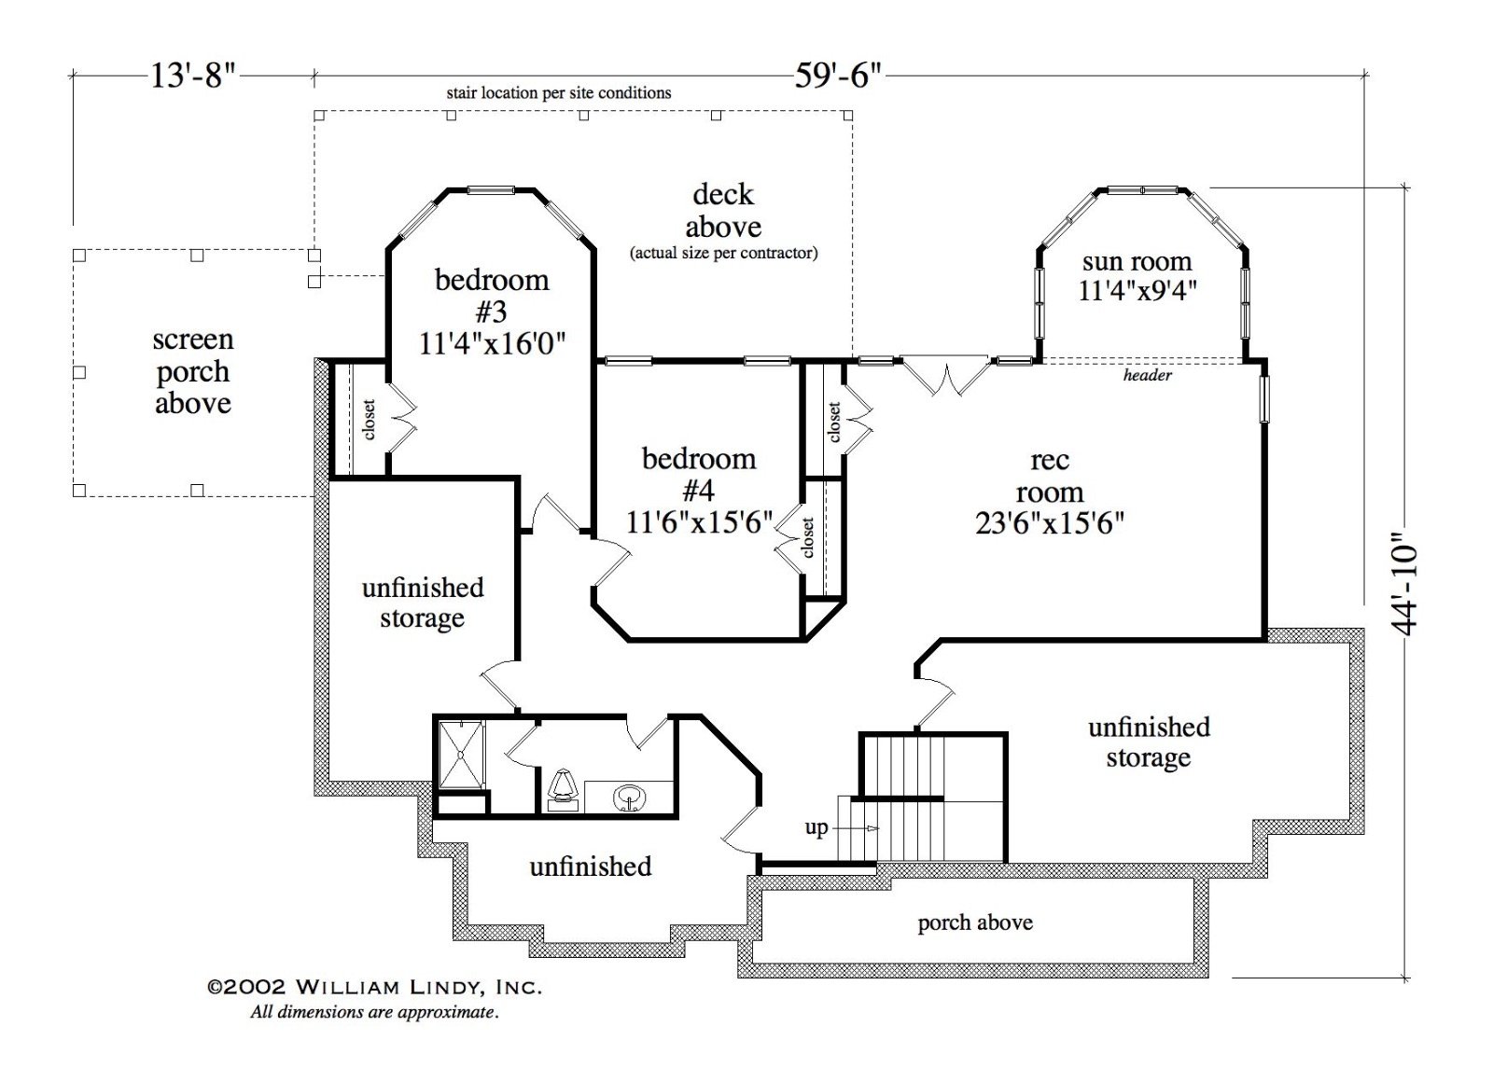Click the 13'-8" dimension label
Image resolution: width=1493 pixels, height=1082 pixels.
[193, 76]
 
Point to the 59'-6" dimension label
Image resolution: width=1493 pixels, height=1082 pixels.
[838, 76]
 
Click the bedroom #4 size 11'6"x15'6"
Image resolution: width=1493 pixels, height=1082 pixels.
[699, 522]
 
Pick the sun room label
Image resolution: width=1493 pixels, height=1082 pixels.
[1137, 261]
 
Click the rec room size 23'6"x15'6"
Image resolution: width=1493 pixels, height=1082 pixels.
[1050, 523]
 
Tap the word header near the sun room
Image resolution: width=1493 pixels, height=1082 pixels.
[1147, 375]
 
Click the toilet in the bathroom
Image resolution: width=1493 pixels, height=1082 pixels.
[561, 790]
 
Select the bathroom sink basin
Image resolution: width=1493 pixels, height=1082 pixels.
[629, 797]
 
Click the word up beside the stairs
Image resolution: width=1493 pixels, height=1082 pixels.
[816, 828]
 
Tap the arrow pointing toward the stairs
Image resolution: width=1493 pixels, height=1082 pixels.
[856, 828]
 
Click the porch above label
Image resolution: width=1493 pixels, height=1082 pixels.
[975, 922]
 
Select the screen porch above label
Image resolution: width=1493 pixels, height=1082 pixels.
[193, 371]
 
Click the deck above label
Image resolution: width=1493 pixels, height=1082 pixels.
[723, 211]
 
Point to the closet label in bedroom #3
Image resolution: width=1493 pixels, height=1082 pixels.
[369, 419]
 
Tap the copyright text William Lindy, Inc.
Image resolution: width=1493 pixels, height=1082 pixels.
[374, 987]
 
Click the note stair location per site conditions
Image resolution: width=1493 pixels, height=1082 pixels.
[559, 92]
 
